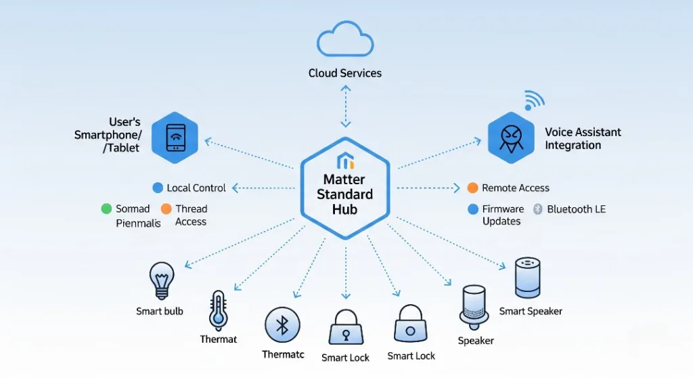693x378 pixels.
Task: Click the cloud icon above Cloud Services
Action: click(345, 41)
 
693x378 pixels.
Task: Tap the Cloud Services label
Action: click(345, 73)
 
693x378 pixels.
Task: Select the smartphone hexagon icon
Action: click(175, 138)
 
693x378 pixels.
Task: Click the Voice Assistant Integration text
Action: click(583, 139)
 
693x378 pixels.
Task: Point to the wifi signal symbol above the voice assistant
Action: click(533, 101)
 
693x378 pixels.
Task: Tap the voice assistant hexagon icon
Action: click(511, 138)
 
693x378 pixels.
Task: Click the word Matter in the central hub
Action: click(344, 180)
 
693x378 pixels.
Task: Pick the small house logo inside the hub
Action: click(345, 161)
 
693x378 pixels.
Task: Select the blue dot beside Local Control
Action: click(158, 188)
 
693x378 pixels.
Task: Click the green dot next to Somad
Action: click(106, 209)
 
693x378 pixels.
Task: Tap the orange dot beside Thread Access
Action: click(166, 209)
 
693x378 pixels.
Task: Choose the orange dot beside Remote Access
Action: click(473, 188)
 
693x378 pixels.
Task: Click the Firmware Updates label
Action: click(503, 215)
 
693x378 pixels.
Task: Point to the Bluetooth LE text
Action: click(576, 209)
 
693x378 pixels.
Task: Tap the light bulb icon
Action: click(161, 280)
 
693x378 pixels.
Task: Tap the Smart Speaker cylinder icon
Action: click(527, 277)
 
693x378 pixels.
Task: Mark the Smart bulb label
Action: click(160, 312)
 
